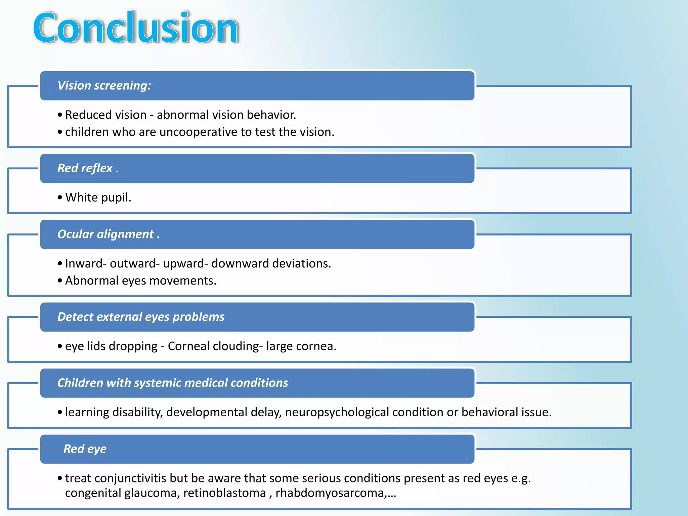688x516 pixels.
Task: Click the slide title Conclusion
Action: [136, 28]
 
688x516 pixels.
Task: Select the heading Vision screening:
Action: [104, 86]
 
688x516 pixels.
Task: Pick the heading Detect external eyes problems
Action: [141, 317]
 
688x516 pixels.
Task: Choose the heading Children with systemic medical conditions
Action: [173, 383]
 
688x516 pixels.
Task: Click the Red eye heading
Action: [85, 449]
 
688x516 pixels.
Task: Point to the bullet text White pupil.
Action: [98, 198]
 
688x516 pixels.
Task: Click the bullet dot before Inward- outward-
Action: [60, 264]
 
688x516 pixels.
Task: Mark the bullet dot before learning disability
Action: [60, 413]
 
